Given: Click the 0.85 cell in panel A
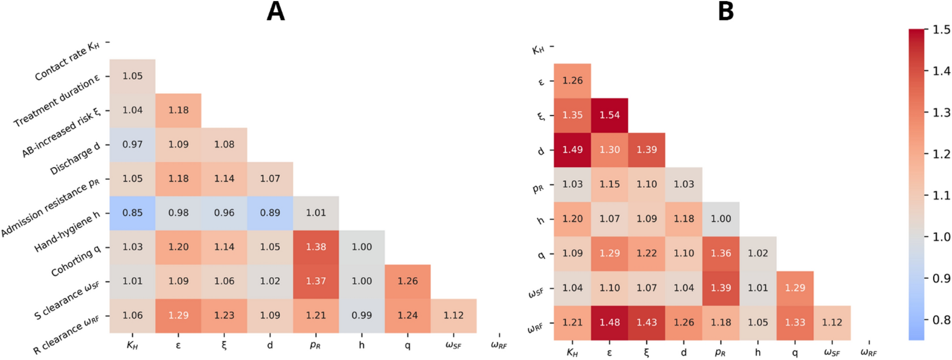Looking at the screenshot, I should (132, 213).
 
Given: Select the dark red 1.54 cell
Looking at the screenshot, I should (609, 115).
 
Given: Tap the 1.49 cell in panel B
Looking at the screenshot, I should (572, 150).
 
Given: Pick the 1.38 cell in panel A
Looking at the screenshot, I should (316, 247).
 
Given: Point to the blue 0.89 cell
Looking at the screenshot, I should (270, 213).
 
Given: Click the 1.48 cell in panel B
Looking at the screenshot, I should (609, 322).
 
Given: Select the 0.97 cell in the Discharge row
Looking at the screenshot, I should (132, 144).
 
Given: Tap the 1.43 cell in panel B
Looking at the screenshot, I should (646, 322).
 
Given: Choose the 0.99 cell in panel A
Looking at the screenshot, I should (361, 315).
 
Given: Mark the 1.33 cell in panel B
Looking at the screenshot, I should (795, 322).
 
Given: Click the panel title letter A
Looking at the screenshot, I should (275, 11).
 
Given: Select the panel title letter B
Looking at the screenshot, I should (726, 11).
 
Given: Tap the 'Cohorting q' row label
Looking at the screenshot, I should (76, 261).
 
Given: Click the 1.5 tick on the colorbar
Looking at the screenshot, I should (941, 30).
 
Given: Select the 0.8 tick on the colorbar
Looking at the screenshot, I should (941, 320).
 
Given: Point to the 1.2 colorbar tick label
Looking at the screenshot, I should (941, 154).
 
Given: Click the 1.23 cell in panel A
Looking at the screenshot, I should (224, 315).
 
